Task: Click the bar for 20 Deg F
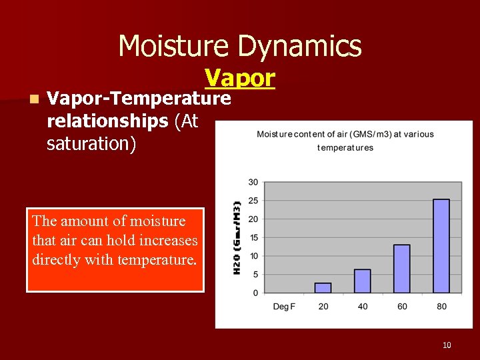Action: (x=323, y=288)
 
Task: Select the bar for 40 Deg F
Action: (x=362, y=281)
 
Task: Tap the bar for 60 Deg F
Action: (x=401, y=269)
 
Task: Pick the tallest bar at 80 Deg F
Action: (x=441, y=246)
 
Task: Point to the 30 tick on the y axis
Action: (x=253, y=182)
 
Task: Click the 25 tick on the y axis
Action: (x=253, y=201)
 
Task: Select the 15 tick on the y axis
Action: (x=253, y=237)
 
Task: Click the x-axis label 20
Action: (x=323, y=307)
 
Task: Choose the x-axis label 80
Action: (x=441, y=307)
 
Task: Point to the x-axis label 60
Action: (x=401, y=307)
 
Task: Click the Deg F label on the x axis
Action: (x=283, y=307)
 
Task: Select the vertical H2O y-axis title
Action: (x=237, y=237)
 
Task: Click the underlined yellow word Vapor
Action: (x=239, y=78)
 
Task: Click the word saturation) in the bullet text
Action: (x=91, y=143)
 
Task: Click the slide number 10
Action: (x=447, y=345)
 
